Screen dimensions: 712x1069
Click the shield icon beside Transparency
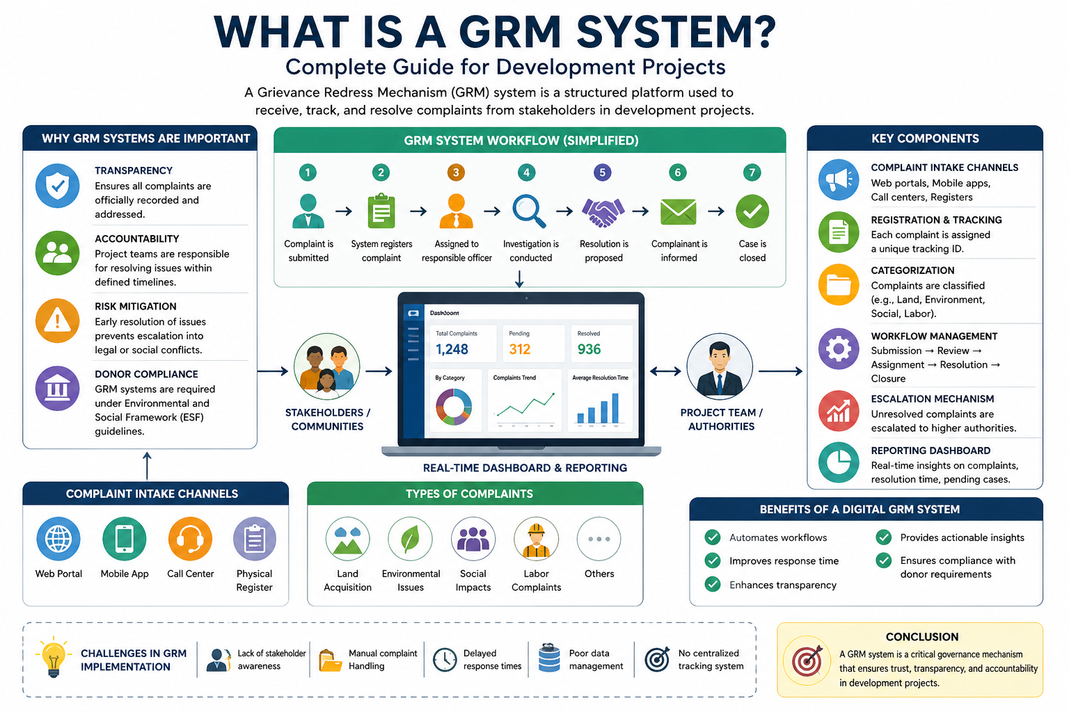coord(57,186)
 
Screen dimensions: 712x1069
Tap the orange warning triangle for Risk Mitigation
coord(57,321)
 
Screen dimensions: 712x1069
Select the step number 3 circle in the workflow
coord(456,172)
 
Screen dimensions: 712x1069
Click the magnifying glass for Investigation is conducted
coord(529,211)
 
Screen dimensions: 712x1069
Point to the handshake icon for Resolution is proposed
coord(603,211)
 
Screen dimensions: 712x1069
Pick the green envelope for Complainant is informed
coord(678,211)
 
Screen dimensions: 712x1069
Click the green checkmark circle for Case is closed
coord(752,211)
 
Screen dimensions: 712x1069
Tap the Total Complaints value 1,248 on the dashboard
coord(452,349)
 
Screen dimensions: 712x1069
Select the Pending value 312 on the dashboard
coord(520,349)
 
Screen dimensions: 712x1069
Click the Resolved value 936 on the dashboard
coord(589,349)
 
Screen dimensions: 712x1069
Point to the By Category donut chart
coord(454,407)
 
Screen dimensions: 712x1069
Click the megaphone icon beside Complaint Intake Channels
coord(839,179)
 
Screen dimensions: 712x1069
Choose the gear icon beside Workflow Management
coord(839,348)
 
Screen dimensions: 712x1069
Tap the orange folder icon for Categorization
coord(839,285)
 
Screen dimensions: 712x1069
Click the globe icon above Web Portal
coord(58,539)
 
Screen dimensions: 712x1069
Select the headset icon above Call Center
coord(190,539)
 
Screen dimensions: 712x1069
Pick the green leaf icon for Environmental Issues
coord(410,539)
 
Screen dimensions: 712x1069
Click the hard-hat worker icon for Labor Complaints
coord(536,539)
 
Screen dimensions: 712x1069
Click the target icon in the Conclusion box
coord(807,661)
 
